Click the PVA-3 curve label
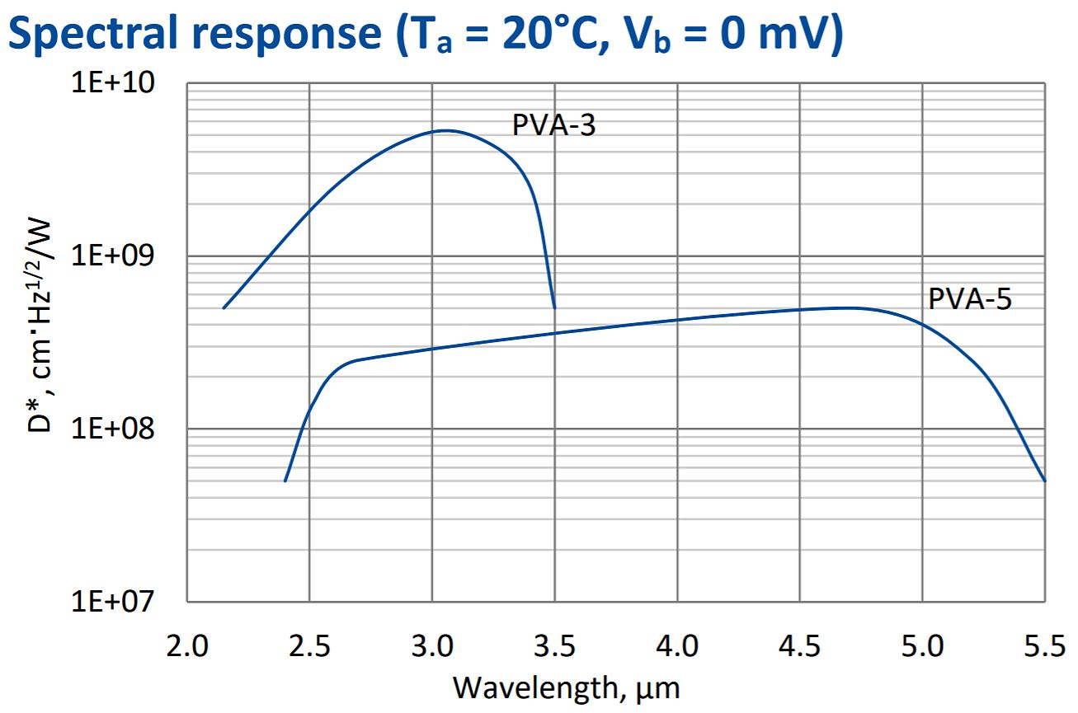pyautogui.click(x=553, y=125)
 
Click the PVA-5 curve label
pyautogui.click(x=969, y=298)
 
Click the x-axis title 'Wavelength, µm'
pyautogui.click(x=567, y=686)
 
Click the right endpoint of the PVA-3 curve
pyautogui.click(x=554, y=307)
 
